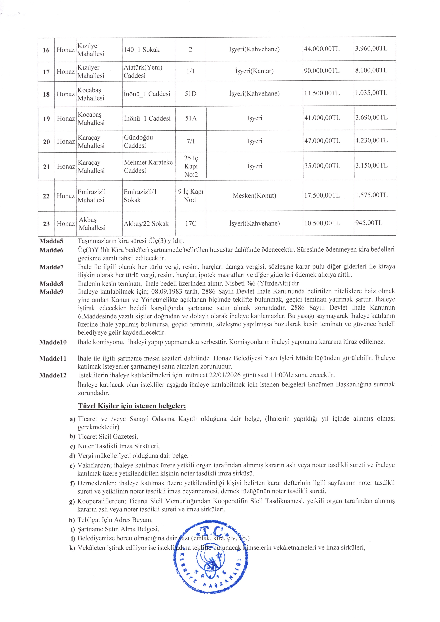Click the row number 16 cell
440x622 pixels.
46,50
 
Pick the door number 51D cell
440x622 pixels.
190,94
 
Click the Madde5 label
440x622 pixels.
51,241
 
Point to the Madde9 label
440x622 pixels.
51,292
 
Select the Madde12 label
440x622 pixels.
53,375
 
